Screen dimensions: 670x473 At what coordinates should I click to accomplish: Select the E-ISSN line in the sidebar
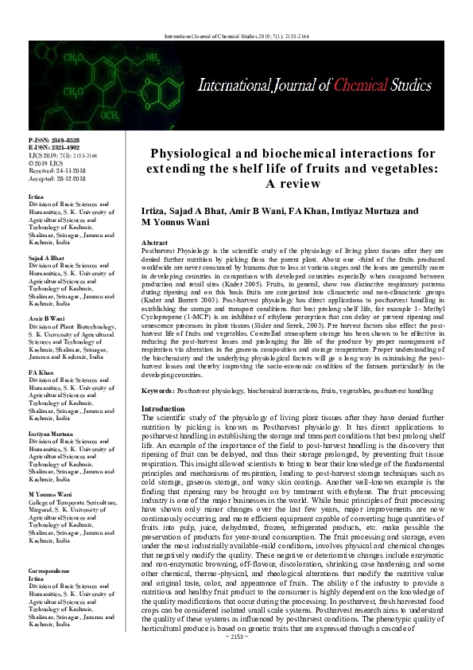[x=54, y=146]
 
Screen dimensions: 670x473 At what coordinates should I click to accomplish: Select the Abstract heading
[x=154, y=241]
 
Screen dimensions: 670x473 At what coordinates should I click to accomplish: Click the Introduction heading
[x=163, y=408]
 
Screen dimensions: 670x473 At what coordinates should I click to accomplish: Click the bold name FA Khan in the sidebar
[x=42, y=372]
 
